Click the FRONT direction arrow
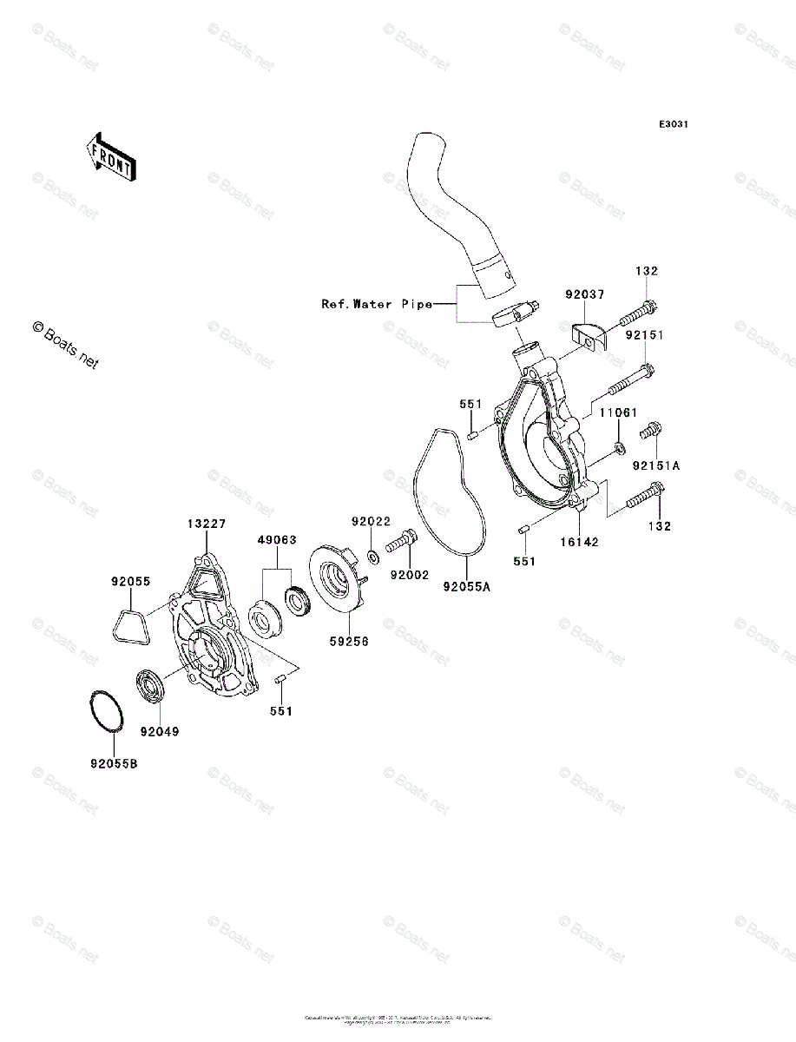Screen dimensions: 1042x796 (x=108, y=155)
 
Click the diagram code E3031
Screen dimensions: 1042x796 (x=673, y=125)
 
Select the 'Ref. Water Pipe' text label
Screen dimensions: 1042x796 (x=376, y=304)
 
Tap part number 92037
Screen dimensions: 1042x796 (x=584, y=295)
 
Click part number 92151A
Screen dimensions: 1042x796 (x=655, y=466)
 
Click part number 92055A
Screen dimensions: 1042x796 (x=466, y=587)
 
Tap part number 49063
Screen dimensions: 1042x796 (x=276, y=540)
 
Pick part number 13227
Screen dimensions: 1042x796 (x=207, y=524)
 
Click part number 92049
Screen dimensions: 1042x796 (x=161, y=731)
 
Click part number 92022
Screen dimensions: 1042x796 (x=371, y=522)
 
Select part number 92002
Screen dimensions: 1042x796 (x=410, y=575)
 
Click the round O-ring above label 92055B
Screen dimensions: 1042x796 (x=107, y=711)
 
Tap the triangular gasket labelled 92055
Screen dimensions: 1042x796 (x=130, y=623)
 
